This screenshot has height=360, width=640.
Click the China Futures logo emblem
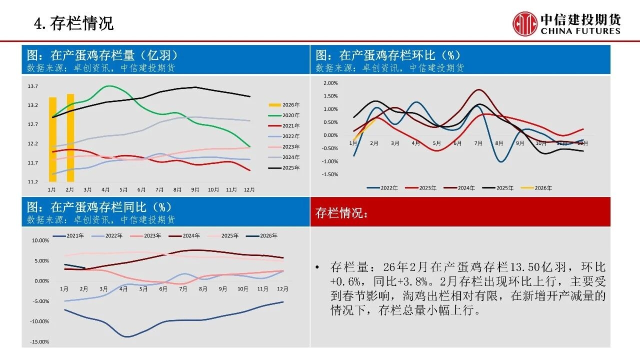[x=525, y=24]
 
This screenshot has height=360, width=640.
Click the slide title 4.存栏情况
[x=73, y=23]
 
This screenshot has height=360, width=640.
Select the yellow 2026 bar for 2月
[x=70, y=137]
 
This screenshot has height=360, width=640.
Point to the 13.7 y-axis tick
[x=33, y=86]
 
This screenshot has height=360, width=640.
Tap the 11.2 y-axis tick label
[x=33, y=182]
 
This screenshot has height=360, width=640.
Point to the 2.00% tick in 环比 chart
[x=331, y=83]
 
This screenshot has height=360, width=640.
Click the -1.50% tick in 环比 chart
[x=330, y=174]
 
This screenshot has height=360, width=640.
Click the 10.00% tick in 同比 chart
[x=40, y=240]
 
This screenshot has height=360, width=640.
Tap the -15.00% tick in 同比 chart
[x=40, y=342]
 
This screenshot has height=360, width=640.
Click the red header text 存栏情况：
[x=342, y=212]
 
